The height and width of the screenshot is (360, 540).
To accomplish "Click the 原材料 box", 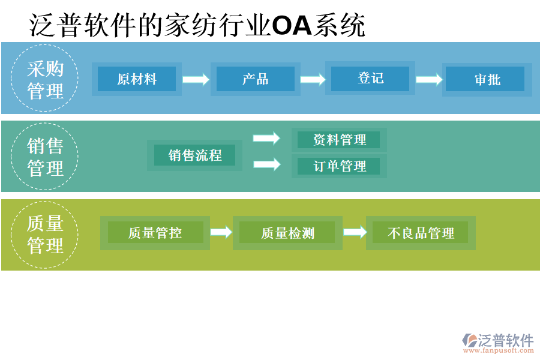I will click(x=137, y=79).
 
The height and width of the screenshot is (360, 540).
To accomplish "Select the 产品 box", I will click(x=255, y=79).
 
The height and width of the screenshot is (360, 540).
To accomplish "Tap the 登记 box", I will click(x=370, y=79).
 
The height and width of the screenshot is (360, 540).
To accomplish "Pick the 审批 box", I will click(x=487, y=79).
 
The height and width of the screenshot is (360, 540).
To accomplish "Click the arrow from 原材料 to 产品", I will click(x=196, y=79).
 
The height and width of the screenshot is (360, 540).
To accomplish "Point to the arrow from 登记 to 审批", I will click(x=429, y=79).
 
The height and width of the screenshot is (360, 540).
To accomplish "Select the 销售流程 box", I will click(x=195, y=155).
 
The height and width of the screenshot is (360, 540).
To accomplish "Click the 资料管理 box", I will click(x=339, y=140).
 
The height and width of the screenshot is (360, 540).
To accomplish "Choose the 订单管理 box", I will click(x=339, y=166).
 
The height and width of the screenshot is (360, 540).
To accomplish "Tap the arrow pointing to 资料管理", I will click(x=266, y=139).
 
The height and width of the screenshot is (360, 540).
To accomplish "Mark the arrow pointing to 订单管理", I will click(x=266, y=164).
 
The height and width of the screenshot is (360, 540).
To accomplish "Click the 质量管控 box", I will click(x=155, y=233).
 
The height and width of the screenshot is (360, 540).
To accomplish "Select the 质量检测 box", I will click(x=287, y=233).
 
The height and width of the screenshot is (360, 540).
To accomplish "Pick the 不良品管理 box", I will click(x=421, y=233).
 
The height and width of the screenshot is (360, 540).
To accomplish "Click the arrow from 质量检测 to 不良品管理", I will click(x=355, y=232).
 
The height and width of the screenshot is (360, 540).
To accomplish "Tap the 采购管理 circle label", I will click(x=45, y=79).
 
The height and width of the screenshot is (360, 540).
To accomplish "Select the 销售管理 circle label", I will click(x=45, y=157).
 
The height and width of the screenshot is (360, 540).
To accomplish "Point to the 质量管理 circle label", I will click(x=45, y=234).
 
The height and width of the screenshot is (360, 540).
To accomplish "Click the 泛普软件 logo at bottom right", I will click(x=497, y=343).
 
